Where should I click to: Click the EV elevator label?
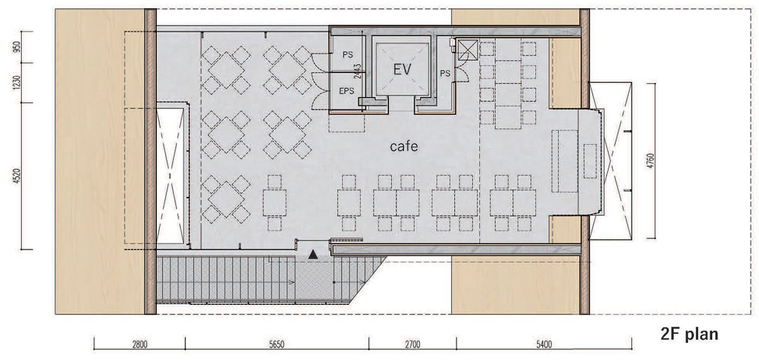coord(402,70)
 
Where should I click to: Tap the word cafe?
coord(404,146)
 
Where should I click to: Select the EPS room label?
coord(347,91)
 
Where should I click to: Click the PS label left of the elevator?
coord(348,54)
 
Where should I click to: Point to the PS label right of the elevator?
coord(445,73)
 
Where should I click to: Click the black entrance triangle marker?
coord(313,254)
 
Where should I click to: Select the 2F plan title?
coord(689,334)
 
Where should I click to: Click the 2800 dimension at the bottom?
coord(140,345)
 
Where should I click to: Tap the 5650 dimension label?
coord(276,345)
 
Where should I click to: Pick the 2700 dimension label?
coord(412,345)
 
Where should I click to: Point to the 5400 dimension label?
coord(544,345)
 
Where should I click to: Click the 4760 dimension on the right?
coord(650,161)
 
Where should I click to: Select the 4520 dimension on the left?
coord(18,177)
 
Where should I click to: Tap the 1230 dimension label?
coord(18,83)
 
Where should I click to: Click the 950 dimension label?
coord(18,47)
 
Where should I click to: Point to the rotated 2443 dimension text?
coord(357,71)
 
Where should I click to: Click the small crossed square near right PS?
coord(467,50)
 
